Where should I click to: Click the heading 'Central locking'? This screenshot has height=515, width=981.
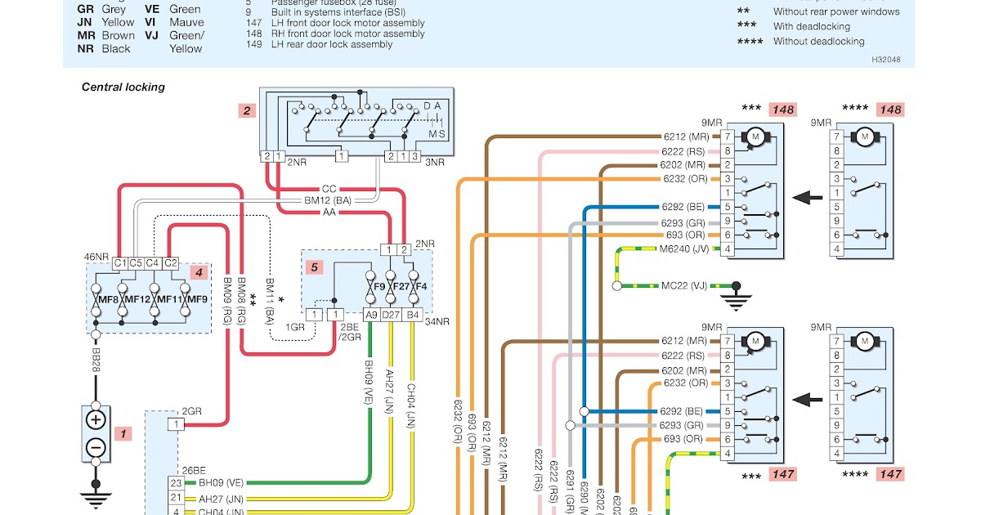pos(123,87)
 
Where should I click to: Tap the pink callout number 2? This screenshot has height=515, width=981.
pos(246,110)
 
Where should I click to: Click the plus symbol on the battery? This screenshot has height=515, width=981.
pos(96,420)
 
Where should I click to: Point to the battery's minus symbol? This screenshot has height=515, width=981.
pos(96,447)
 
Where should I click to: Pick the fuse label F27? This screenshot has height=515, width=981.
pos(400,287)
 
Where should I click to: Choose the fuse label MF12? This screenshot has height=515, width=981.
pos(137,300)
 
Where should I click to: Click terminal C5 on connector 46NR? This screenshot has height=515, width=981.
pos(137,263)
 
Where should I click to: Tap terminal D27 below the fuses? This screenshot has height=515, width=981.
pos(392,315)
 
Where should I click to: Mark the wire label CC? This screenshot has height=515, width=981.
pos(329,190)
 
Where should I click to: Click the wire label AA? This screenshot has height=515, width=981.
pos(329,212)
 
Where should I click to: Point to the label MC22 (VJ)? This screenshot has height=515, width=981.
pos(683,286)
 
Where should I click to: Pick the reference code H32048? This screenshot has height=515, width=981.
pos(886,59)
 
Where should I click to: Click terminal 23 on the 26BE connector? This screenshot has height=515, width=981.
pos(176,483)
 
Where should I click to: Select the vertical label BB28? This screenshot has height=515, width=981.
pos(96,360)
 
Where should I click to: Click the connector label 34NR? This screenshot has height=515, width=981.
pos(437,321)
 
